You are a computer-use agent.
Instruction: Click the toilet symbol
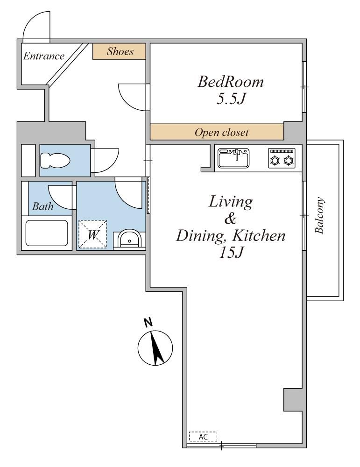pos(55,161)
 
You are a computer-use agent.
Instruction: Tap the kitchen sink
pos(233,158)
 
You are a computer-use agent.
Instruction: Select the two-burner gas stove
pos(282,158)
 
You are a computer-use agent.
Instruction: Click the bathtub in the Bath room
pos(47,233)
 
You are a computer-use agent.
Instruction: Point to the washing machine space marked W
pos(92,234)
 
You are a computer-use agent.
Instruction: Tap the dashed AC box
pos(203,436)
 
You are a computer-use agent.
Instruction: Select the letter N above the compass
pos(148,323)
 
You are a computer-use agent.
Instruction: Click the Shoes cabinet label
pos(120,51)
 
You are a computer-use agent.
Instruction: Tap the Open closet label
pos(221,132)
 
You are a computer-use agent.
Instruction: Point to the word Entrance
pos(44,56)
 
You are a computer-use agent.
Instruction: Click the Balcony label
pos(319,215)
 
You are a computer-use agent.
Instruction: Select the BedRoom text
pos(231,82)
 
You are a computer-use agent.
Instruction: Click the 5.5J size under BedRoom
pos(231,99)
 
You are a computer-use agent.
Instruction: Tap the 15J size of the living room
pos(231,253)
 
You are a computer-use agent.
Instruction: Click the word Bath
pos(43,206)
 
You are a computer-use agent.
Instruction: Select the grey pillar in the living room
pos(293,400)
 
